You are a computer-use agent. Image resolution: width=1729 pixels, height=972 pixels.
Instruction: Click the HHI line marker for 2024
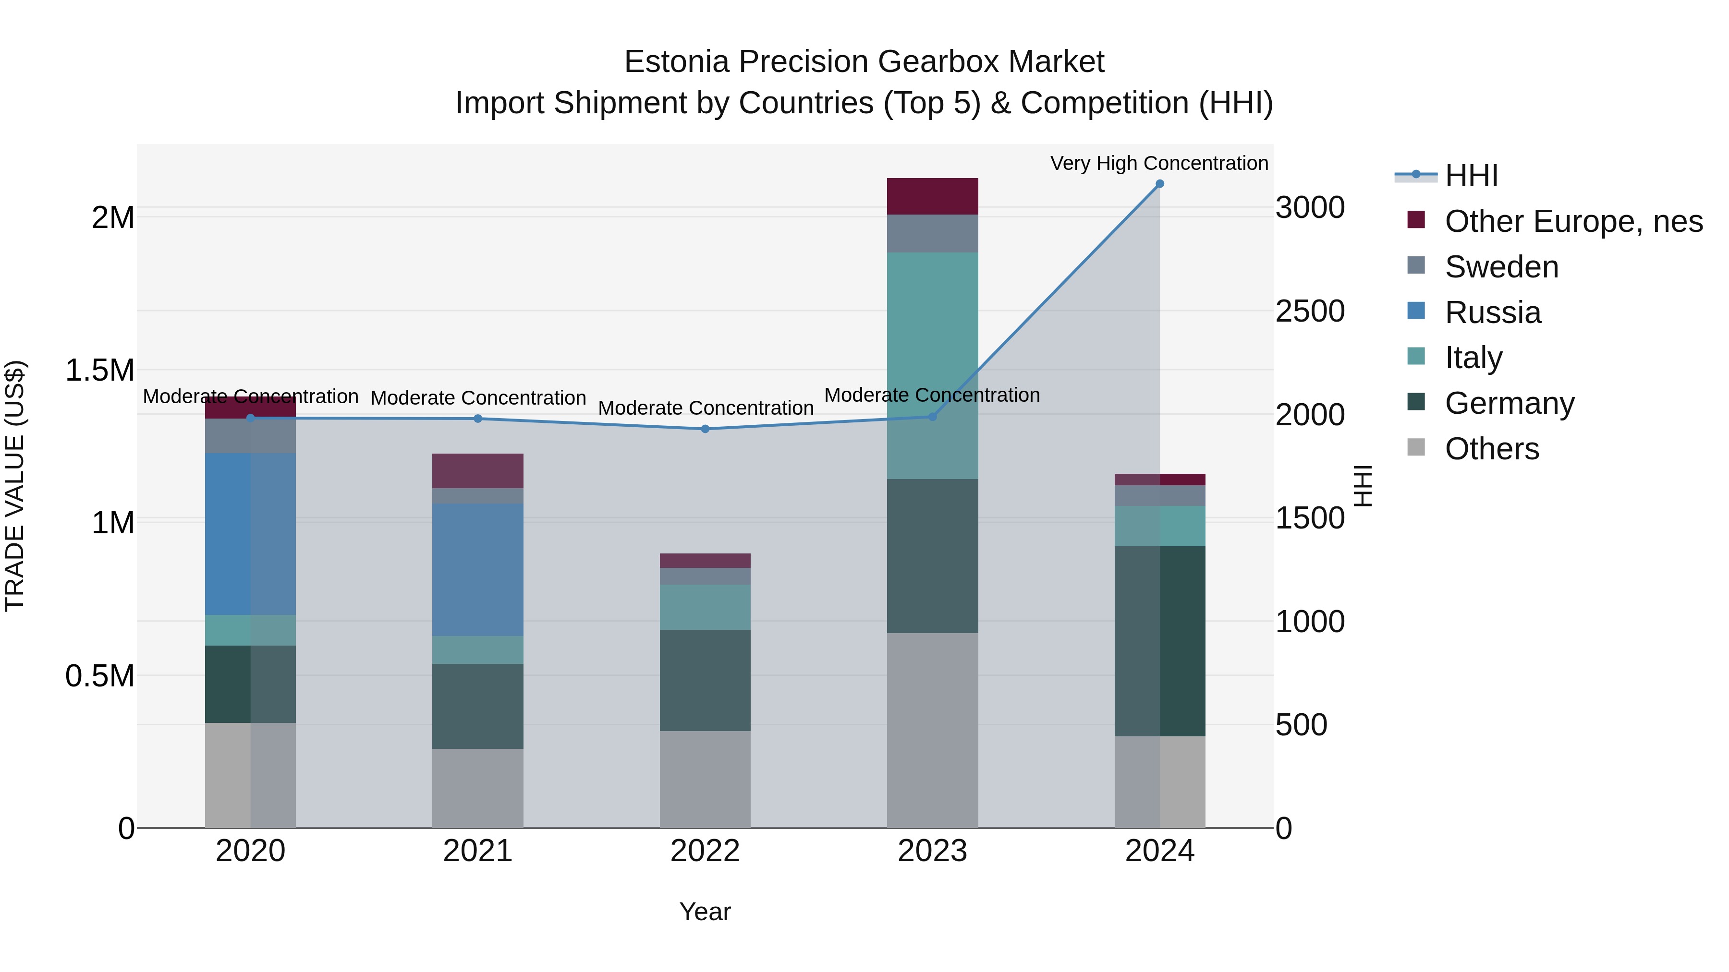[1159, 184]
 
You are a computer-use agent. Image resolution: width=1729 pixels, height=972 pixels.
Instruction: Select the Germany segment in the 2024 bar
[1159, 641]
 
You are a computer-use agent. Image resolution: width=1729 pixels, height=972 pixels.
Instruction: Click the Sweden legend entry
[1501, 267]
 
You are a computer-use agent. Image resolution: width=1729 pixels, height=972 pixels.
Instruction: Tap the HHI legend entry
[1471, 176]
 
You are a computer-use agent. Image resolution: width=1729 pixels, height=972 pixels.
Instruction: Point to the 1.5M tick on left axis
[99, 370]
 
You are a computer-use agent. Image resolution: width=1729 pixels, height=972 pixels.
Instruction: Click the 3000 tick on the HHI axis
[1310, 207]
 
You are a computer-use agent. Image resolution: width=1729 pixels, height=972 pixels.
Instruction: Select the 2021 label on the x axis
[477, 851]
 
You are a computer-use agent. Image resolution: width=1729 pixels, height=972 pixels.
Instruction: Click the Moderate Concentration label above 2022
[706, 408]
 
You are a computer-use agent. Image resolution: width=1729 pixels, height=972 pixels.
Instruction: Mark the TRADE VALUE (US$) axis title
[15, 486]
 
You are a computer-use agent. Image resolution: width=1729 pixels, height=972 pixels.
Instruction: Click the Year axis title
[705, 912]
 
